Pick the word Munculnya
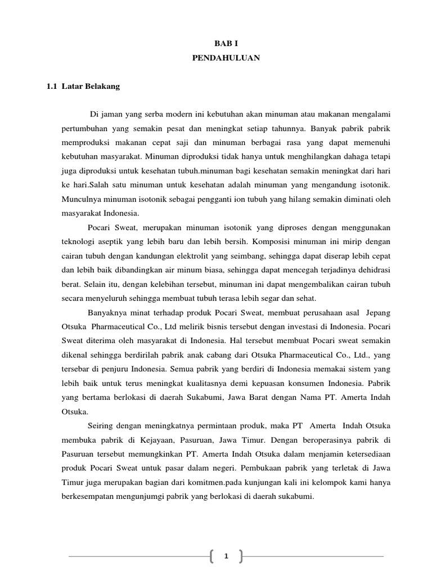(81, 199)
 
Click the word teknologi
(79, 242)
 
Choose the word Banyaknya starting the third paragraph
(109, 312)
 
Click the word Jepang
(378, 312)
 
